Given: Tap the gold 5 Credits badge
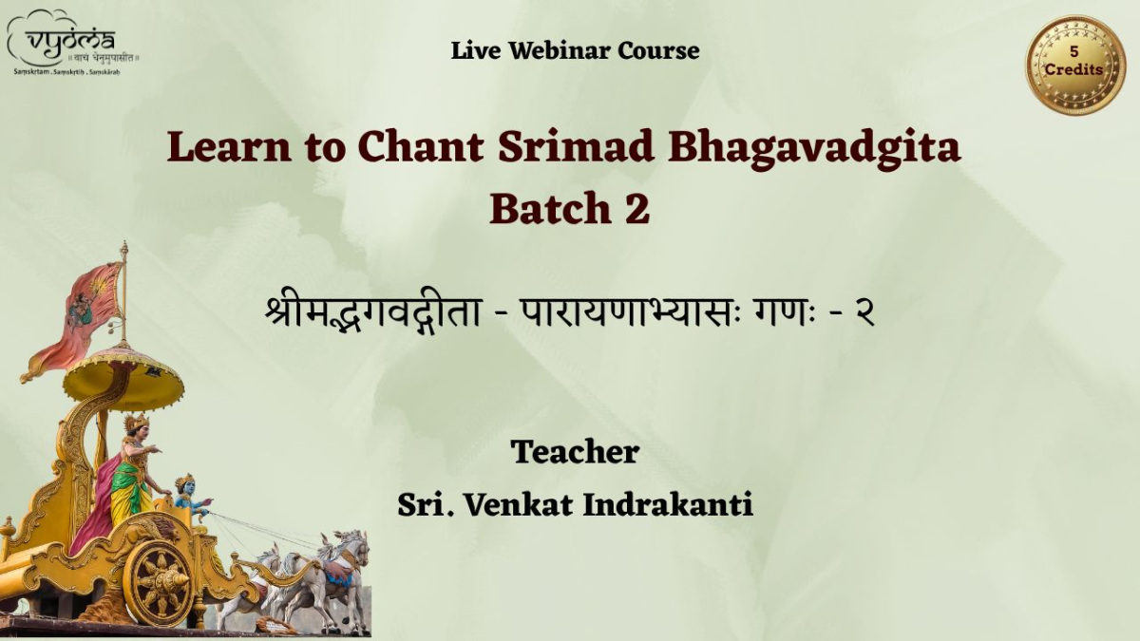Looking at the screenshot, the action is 1074,66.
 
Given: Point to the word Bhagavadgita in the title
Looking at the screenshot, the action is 814,148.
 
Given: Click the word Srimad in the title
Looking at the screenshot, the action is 576,146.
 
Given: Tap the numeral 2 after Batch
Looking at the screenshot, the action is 637,209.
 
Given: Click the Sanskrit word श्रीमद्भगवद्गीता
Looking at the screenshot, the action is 373,311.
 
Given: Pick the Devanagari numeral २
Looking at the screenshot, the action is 863,313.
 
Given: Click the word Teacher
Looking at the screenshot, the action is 575,452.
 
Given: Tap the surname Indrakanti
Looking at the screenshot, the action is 668,505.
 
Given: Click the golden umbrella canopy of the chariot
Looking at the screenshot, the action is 123,379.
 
